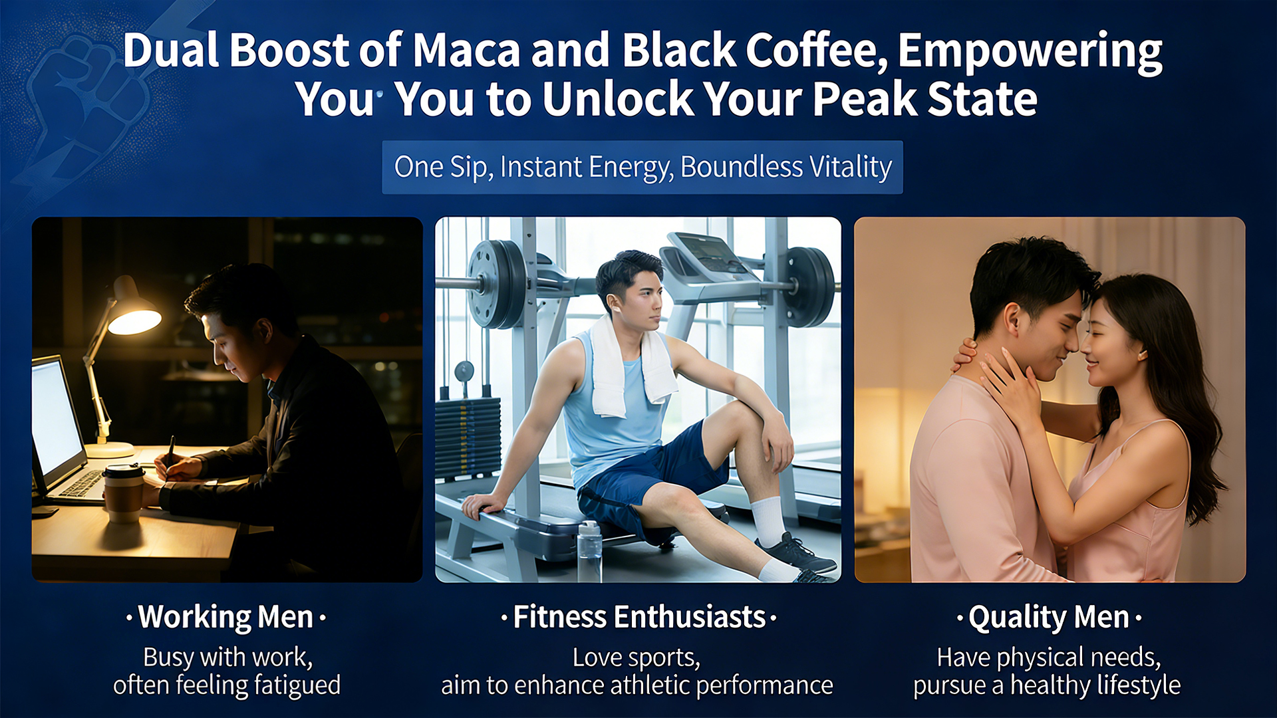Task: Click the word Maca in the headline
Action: pos(466,51)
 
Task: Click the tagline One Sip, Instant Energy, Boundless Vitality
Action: pos(642,167)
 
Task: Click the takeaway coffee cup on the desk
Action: pos(124,492)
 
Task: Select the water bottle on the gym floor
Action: pos(589,551)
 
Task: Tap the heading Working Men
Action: pos(225,618)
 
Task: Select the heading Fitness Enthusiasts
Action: pos(639,618)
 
